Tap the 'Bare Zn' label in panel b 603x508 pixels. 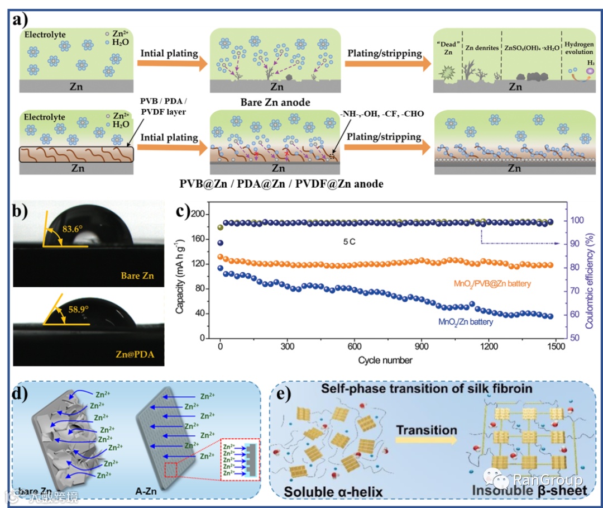point(136,276)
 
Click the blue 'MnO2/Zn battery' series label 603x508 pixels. point(466,321)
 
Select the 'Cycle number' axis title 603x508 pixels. point(385,360)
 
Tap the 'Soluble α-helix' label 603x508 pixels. point(333,492)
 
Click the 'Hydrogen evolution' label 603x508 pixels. point(579,48)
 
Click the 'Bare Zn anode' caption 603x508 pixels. point(276,102)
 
